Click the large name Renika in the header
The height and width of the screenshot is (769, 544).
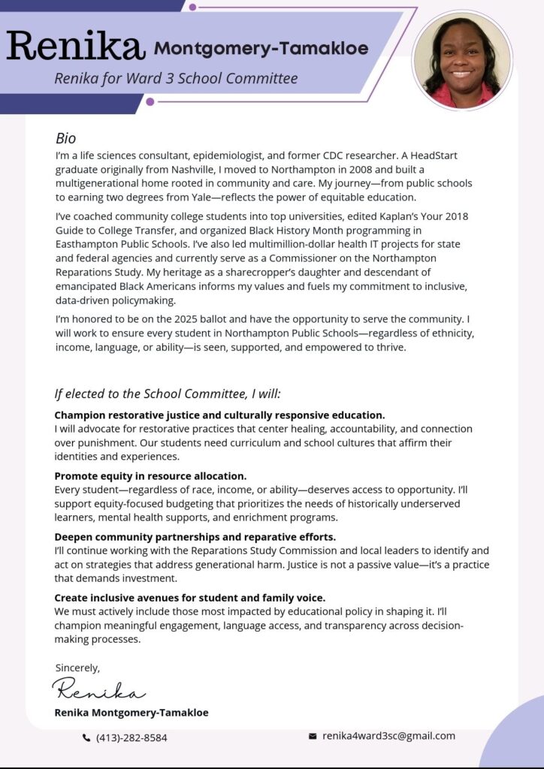click(x=75, y=46)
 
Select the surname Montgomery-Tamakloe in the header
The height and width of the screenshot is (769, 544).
click(x=261, y=50)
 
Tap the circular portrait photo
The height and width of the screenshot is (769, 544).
click(x=462, y=61)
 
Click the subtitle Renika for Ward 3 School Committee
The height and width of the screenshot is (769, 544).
click(x=176, y=78)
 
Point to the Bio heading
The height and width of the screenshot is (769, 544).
click(x=66, y=138)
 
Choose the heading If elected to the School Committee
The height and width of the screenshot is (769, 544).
click(x=168, y=394)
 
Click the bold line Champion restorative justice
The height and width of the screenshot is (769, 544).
click(x=219, y=415)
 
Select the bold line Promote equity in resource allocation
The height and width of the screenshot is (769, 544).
click(x=150, y=476)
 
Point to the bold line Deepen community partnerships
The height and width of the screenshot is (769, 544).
click(x=195, y=537)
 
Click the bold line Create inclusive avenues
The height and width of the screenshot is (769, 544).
click(x=190, y=598)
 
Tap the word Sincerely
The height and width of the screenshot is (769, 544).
click(x=77, y=667)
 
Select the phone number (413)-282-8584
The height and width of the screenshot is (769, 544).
click(x=131, y=737)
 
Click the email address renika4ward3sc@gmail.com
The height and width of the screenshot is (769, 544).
click(x=388, y=736)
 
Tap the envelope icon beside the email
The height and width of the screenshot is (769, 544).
click(x=313, y=737)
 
